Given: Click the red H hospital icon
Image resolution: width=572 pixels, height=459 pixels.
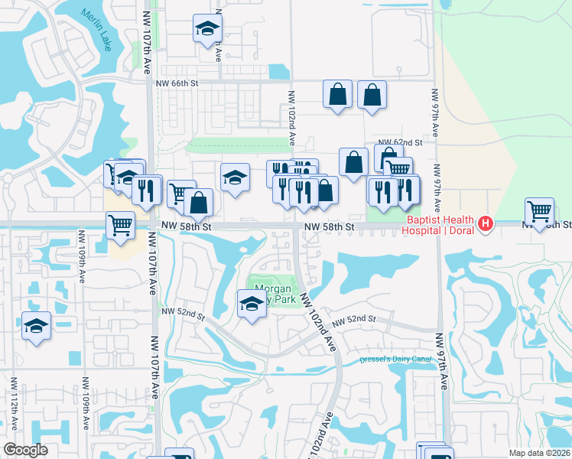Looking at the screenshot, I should [x=484, y=224].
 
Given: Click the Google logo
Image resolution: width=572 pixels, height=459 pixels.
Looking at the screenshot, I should [x=25, y=449].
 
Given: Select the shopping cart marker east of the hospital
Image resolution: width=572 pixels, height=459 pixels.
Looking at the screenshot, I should [x=540, y=212].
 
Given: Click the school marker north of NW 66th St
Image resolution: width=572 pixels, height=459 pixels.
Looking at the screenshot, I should [x=206, y=29].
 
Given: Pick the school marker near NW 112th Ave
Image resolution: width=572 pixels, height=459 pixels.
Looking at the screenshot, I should [x=36, y=326].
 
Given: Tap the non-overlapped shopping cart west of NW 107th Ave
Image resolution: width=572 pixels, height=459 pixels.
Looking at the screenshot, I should [x=120, y=225].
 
